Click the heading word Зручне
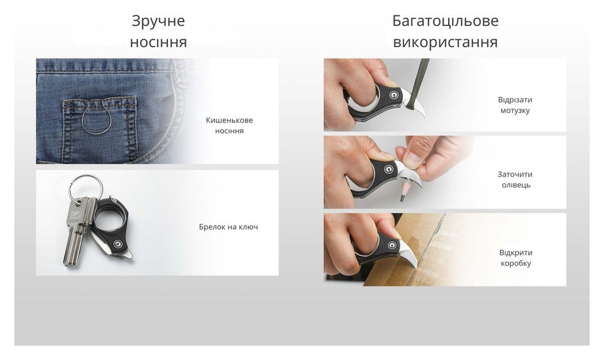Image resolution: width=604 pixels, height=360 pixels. point(158,21)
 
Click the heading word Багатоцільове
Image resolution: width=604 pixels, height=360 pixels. point(445,21)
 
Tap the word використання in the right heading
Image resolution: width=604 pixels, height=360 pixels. point(445,43)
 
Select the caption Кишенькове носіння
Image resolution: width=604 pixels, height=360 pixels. point(229,125)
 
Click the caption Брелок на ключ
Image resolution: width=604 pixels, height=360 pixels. point(228,227)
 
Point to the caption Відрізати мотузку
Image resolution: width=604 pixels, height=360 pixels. point(514,105)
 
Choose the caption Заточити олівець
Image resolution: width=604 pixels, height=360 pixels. point(514,179)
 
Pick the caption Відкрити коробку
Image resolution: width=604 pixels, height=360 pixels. point(515,258)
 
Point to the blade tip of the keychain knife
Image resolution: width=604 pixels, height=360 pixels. point(129,256)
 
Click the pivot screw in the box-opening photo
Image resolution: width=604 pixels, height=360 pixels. point(393,246)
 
